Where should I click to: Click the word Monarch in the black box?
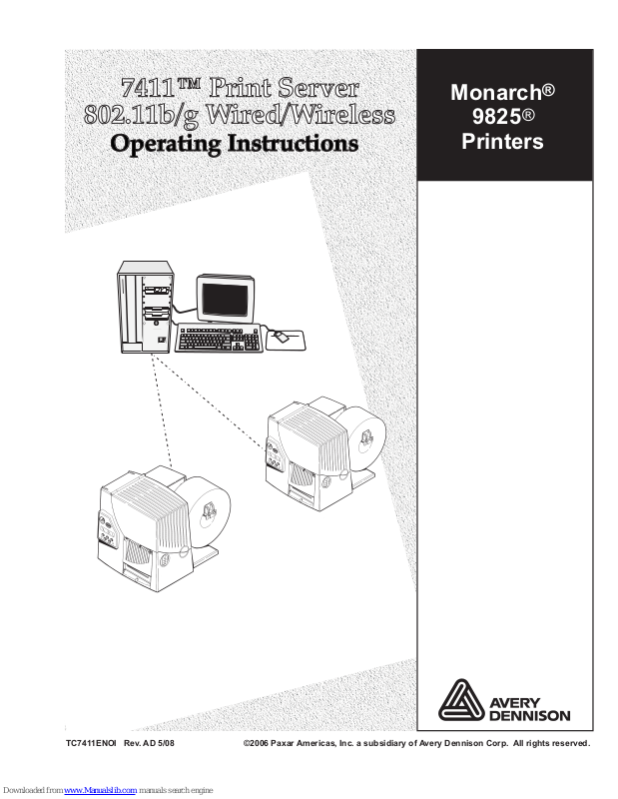click(496, 92)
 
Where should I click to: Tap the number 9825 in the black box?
click(496, 116)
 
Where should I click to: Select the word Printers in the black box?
click(502, 141)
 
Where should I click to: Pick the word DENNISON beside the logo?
click(530, 715)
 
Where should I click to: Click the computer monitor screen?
click(229, 299)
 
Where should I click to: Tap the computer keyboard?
click(219, 340)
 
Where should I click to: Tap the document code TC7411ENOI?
click(92, 744)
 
